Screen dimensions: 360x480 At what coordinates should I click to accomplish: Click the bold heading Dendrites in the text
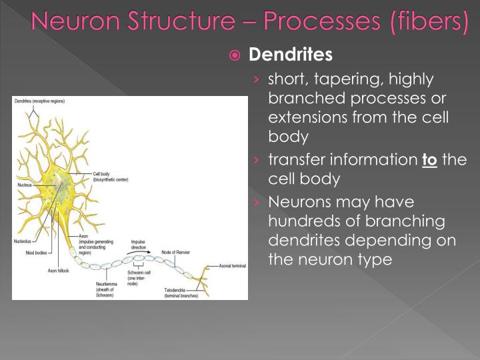tap(290, 53)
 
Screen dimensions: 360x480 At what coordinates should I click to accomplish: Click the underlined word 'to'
tap(429, 160)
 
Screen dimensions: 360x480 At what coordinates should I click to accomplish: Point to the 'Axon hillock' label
tap(58, 271)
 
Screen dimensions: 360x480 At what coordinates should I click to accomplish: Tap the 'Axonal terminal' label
tap(233, 265)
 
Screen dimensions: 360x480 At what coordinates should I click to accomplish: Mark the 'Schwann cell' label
tap(139, 273)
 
